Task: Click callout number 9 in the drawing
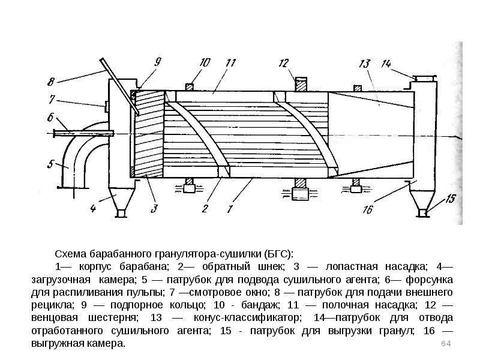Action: (157, 62)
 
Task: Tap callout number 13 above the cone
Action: (364, 64)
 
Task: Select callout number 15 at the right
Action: (451, 199)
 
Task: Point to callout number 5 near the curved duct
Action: (50, 164)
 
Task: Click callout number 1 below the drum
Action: (230, 209)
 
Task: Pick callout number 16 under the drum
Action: (368, 209)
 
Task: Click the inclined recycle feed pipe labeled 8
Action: (119, 86)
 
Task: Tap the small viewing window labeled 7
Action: (106, 107)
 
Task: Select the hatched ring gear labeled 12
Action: (301, 84)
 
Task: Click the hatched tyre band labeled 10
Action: (190, 87)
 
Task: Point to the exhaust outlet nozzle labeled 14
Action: (425, 79)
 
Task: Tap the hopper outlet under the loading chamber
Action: (122, 214)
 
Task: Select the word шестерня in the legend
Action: (113, 318)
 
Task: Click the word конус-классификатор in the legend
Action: (247, 318)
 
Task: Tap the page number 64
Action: (446, 344)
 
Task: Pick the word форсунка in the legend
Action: (429, 280)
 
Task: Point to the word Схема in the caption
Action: (70, 254)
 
